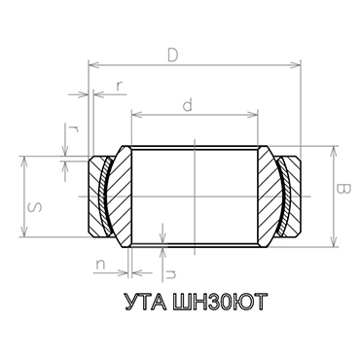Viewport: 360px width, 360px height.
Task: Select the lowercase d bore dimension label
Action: [x=187, y=102]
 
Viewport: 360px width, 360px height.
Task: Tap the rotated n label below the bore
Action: [x=170, y=261]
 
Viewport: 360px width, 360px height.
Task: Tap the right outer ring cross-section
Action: [x=295, y=195]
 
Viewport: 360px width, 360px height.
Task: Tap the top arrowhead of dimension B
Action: [x=334, y=150]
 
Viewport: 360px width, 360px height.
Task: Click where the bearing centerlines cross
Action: [x=195, y=195]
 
